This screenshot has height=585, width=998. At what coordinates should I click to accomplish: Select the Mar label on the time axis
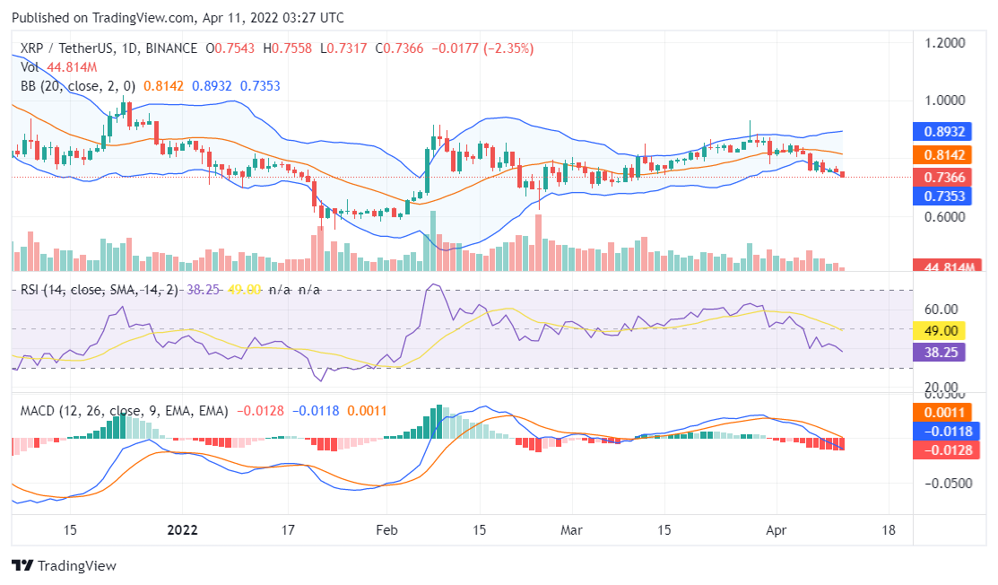click(571, 529)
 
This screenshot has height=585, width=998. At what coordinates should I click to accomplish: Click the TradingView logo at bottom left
click(64, 566)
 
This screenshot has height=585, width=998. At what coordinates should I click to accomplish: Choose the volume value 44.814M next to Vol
click(72, 67)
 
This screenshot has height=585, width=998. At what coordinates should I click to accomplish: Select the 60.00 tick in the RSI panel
click(942, 309)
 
